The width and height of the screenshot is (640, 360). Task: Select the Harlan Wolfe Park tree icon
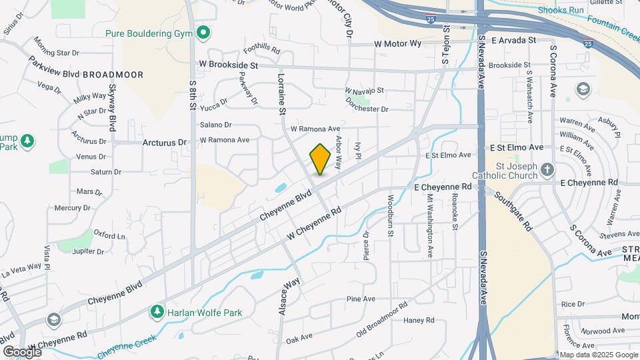[x=157, y=311]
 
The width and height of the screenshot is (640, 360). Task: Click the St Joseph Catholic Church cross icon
[x=547, y=169]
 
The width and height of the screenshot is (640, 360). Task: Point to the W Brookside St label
[x=228, y=65]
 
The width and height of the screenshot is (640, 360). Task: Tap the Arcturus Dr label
[x=164, y=142]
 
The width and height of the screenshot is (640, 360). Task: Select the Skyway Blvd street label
[x=113, y=109]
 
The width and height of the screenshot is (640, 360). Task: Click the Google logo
[x=21, y=351]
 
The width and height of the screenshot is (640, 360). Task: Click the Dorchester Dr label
[x=366, y=109]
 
